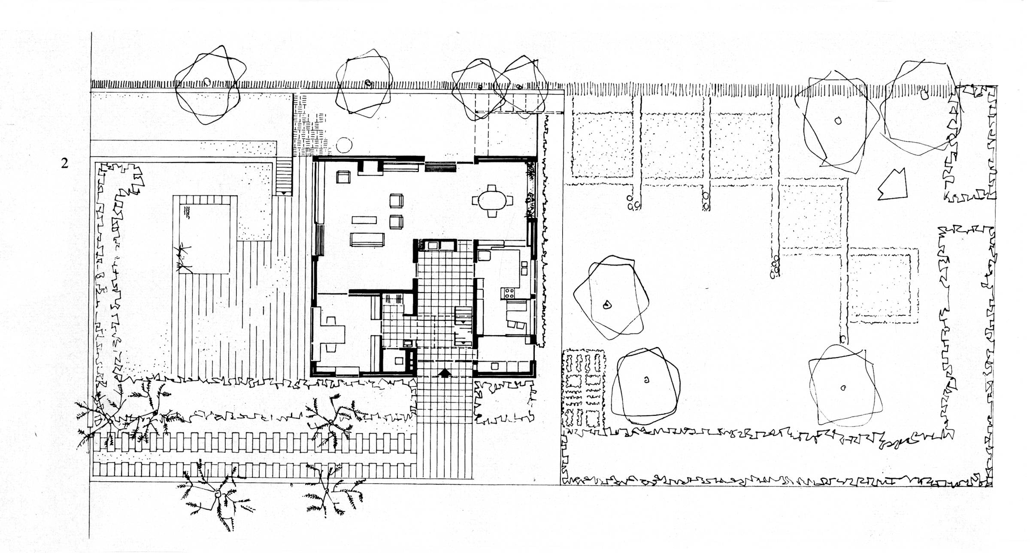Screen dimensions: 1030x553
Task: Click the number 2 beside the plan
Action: click(x=64, y=163)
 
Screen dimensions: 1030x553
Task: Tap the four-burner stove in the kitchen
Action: click(x=509, y=293)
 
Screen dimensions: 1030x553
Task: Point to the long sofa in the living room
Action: click(x=367, y=239)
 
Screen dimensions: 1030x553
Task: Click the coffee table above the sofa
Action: click(x=364, y=220)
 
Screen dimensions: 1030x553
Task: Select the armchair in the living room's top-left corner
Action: click(x=343, y=177)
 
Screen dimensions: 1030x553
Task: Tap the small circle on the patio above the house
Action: click(x=344, y=145)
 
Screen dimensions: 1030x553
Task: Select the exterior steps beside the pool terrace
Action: click(x=283, y=177)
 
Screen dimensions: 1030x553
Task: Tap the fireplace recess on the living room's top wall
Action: click(x=370, y=167)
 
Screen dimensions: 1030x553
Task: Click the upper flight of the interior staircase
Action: click(x=463, y=315)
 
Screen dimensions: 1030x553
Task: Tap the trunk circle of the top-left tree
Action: click(x=207, y=82)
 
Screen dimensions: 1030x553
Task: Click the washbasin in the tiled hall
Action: click(x=408, y=343)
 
